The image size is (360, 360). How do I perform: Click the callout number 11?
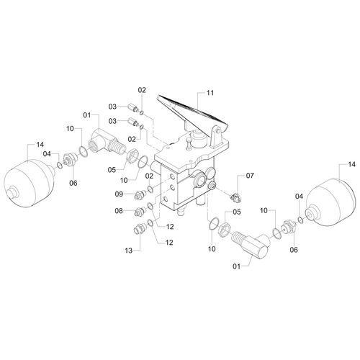point(210,93)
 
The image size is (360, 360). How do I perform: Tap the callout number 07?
point(250,176)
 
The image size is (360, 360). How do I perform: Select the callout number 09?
point(119,194)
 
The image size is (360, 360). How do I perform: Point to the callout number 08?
point(119,211)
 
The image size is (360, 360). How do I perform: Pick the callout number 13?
point(129,251)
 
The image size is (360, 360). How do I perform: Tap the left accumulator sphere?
point(30,183)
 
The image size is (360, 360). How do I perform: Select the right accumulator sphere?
point(330,202)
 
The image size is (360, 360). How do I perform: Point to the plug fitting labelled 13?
point(139,228)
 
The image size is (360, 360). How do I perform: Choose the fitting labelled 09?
point(140,194)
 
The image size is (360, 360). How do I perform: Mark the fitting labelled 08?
point(141,211)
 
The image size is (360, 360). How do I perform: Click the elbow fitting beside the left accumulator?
point(105,142)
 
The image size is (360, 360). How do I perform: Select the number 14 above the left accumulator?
point(40,145)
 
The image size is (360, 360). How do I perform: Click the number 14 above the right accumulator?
point(351,164)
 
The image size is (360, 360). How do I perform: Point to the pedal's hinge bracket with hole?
point(215,137)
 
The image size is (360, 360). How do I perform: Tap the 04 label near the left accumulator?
point(47,153)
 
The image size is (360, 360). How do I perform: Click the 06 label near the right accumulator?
point(294,250)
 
